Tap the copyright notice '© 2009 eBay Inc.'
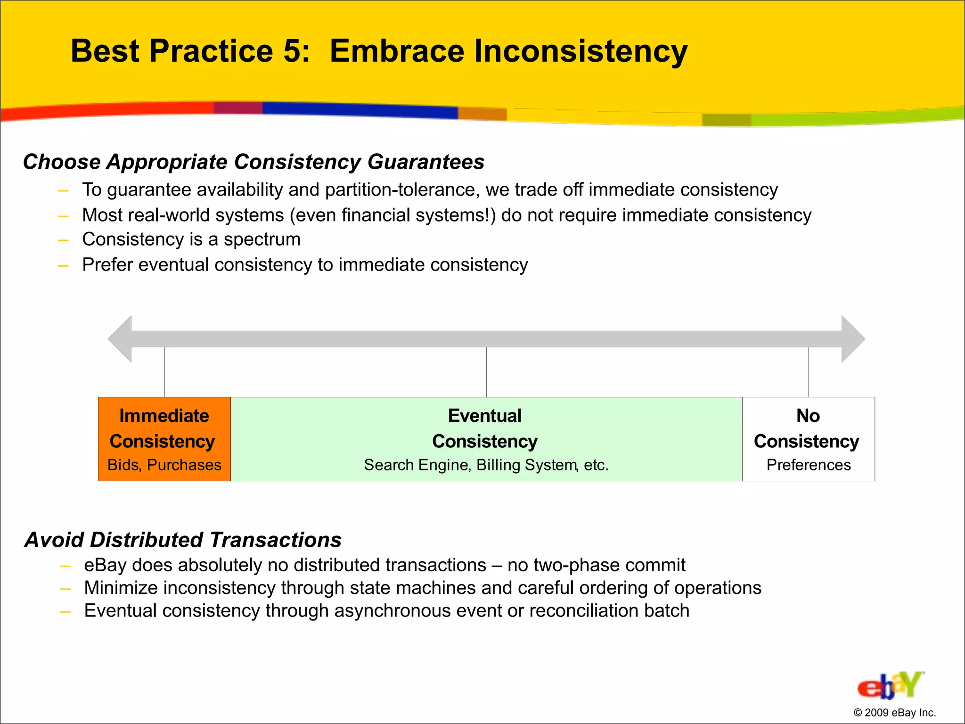click(894, 713)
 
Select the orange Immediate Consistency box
click(164, 439)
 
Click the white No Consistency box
click(808, 439)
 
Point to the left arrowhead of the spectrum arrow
click(120, 339)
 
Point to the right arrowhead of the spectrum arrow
click(853, 339)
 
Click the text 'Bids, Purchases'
click(164, 465)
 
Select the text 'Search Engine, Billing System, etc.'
click(486, 465)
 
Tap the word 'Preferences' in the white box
click(808, 465)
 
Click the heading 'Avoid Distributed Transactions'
click(183, 540)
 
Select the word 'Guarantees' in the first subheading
click(425, 162)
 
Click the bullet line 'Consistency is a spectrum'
click(191, 239)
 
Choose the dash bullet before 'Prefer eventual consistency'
click(63, 266)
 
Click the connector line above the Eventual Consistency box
click(486, 372)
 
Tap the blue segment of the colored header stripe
click(358, 109)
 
